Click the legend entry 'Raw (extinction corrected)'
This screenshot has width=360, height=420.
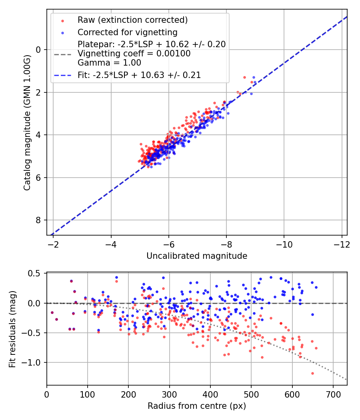(x=132, y=20)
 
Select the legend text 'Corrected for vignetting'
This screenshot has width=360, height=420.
(x=128, y=32)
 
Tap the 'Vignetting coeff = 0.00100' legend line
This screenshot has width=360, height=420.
(x=134, y=54)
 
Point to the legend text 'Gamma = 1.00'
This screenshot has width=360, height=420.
(x=109, y=63)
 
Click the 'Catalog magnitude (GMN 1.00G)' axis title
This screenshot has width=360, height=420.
(x=27, y=123)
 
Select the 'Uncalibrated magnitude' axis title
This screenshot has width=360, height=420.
(x=197, y=256)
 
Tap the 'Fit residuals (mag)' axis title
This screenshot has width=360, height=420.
(x=12, y=329)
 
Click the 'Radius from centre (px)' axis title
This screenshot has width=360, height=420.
(x=197, y=406)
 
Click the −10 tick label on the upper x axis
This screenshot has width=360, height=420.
(x=284, y=244)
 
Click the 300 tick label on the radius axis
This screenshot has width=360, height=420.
(x=170, y=394)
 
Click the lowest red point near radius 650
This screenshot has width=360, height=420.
(x=312, y=373)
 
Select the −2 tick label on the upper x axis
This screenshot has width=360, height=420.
(x=53, y=244)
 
